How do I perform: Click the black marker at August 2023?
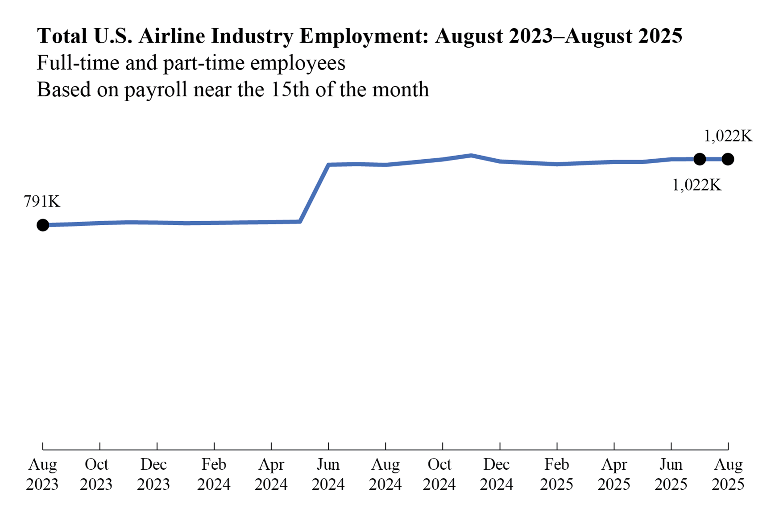pos(43,225)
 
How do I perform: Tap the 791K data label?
pos(42,202)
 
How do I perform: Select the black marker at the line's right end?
pos(728,159)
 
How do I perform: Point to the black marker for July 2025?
pos(700,159)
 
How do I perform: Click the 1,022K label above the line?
pos(728,136)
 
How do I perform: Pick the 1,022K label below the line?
pos(696,185)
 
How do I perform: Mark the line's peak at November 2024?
pos(471,156)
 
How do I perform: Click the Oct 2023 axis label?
pos(96,474)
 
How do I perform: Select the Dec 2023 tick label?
pos(153,474)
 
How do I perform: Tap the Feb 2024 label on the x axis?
pos(214,474)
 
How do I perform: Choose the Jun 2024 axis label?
pos(328,474)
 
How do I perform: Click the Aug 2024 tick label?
pos(385,474)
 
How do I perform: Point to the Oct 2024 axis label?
pos(439,474)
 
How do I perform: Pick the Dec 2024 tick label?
pos(496,474)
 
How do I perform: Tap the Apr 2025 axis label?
pos(614,474)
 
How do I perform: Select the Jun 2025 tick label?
pos(671,474)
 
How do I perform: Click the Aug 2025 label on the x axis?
pos(728,474)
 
